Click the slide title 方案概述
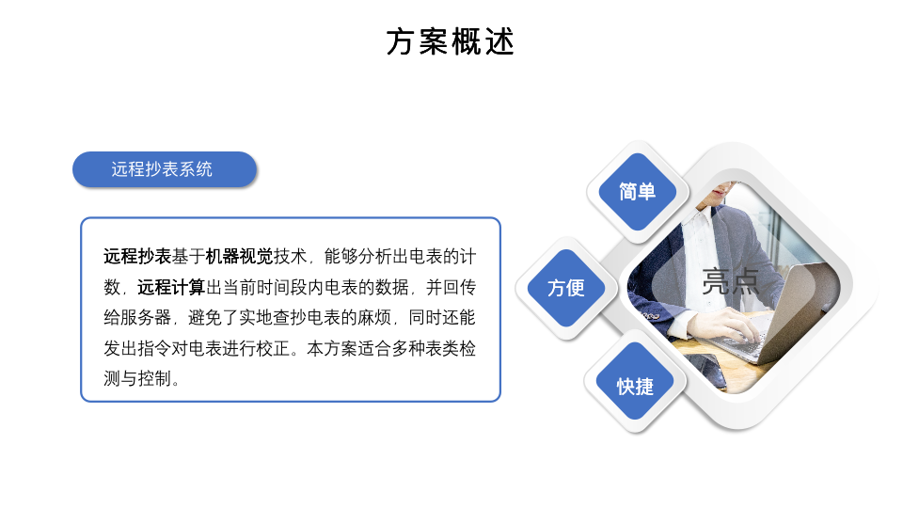pos(450,42)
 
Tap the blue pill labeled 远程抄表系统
pos(164,169)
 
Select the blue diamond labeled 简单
pos(637,192)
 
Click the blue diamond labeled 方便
pos(566,288)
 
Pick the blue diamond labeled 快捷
pos(635,386)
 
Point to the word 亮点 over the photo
pos(730,281)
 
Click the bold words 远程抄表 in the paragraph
pos(137,256)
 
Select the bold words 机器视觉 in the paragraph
pos(239,256)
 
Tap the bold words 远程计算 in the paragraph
pos(171,287)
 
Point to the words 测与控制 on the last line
pos(137,378)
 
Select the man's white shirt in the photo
pos(700,253)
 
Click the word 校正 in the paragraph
pos(273,348)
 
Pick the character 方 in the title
pos(401,42)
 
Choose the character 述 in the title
pos(499,42)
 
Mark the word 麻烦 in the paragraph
pos(374,317)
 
